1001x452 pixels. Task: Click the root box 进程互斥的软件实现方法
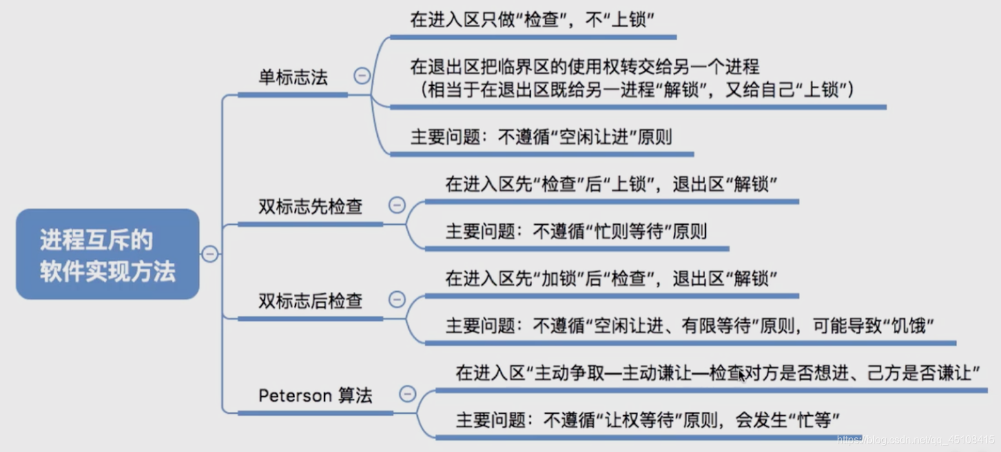(107, 254)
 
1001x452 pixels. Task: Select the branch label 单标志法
(293, 78)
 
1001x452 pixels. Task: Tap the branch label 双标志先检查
(310, 207)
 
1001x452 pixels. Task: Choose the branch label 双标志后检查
(310, 301)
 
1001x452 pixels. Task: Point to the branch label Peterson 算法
(315, 395)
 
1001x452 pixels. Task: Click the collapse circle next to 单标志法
(362, 76)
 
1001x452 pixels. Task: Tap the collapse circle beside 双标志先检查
(397, 206)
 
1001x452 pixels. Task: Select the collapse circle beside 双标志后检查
(397, 300)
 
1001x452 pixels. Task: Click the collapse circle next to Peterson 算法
(407, 393)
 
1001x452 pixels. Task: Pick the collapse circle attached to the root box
(209, 254)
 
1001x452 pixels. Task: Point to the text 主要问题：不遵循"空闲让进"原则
(541, 137)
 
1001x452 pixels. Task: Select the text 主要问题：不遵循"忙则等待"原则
(576, 231)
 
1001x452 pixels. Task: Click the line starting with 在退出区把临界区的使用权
(584, 67)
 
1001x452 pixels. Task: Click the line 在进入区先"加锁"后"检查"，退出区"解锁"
(611, 279)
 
